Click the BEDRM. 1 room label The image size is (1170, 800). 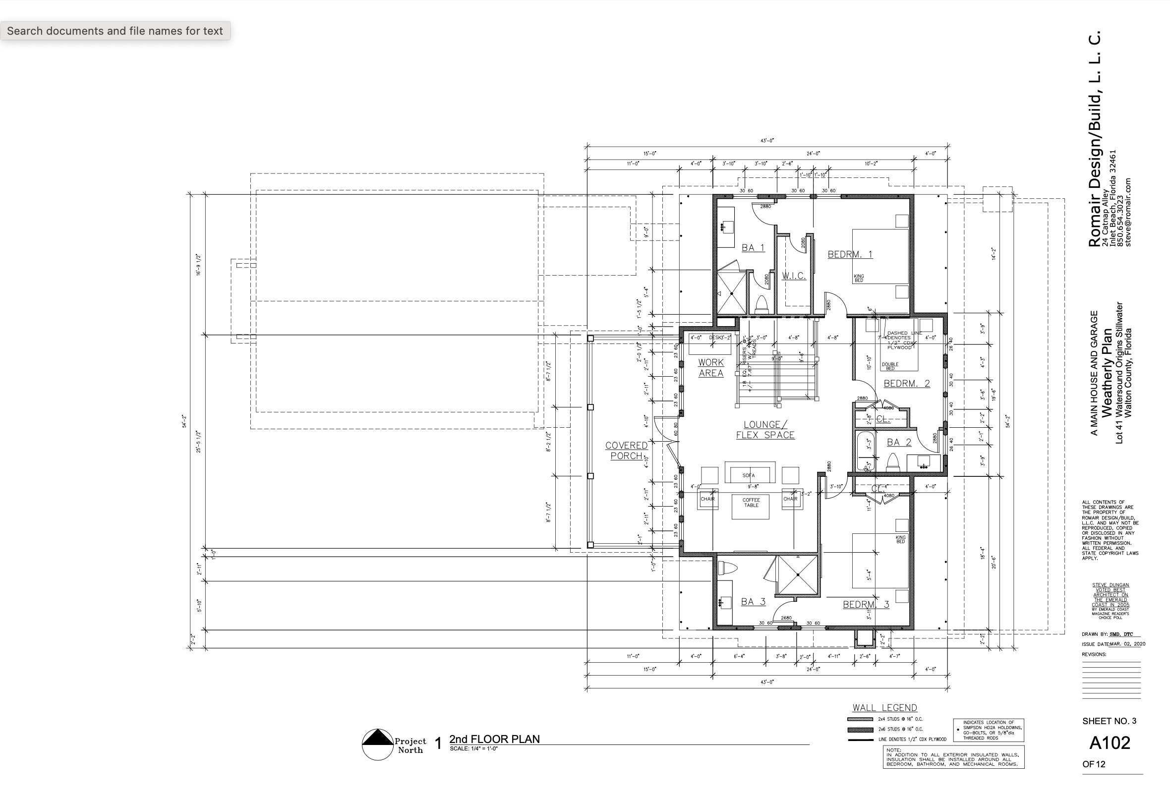[x=850, y=254]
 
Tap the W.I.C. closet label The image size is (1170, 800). [x=794, y=276]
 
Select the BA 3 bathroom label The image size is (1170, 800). [x=753, y=602]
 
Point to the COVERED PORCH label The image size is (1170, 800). [x=626, y=451]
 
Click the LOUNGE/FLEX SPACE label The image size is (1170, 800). [x=765, y=430]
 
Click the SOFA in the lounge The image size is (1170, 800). [x=750, y=473]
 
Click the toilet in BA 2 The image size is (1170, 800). [x=892, y=462]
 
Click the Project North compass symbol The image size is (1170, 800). [x=377, y=744]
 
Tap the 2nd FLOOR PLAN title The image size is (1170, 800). [x=494, y=739]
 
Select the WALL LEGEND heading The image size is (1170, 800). [x=884, y=708]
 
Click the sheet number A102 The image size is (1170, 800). [x=1110, y=743]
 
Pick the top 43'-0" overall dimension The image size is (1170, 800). [x=767, y=141]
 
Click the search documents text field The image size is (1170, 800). [x=115, y=31]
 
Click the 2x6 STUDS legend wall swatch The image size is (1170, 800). [x=860, y=730]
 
